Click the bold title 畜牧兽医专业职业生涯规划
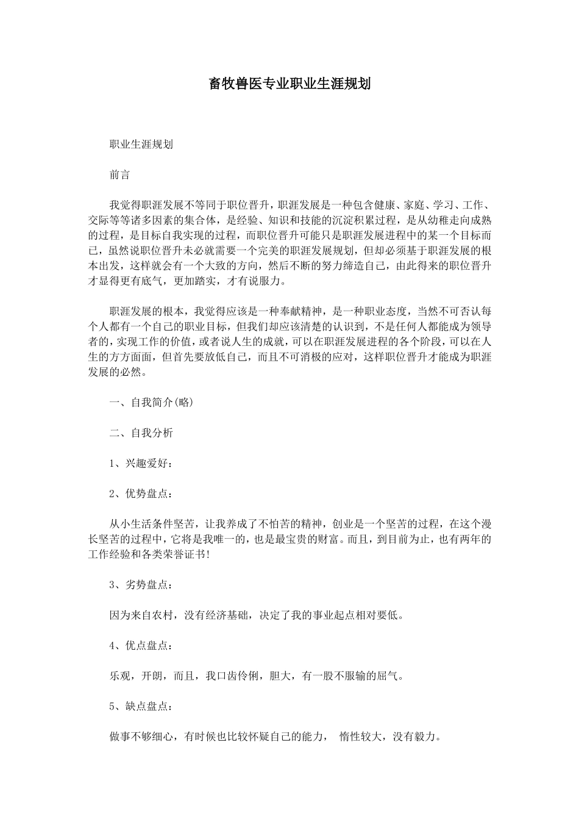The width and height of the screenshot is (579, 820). [x=289, y=84]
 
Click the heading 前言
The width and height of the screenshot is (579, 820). [x=119, y=174]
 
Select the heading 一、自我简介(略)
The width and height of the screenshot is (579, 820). [x=152, y=403]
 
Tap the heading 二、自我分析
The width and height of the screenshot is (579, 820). [x=141, y=433]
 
